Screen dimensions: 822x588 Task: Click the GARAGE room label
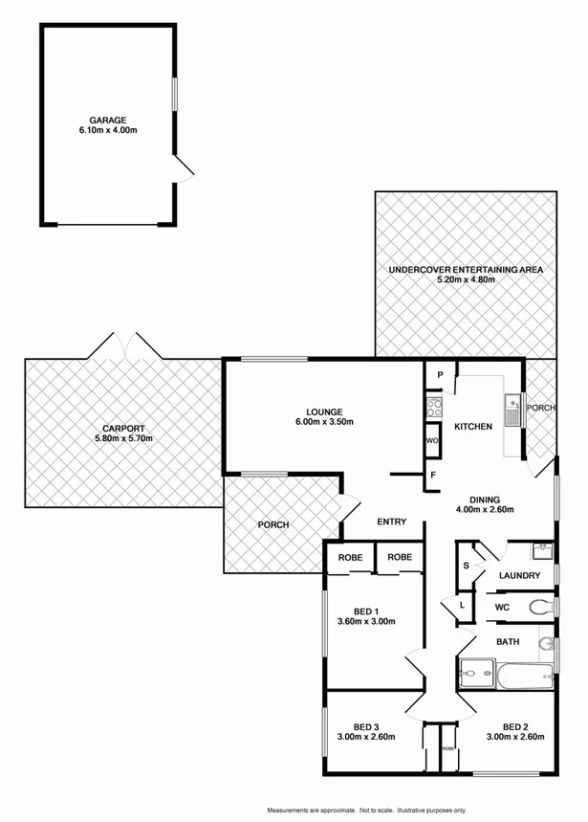click(108, 121)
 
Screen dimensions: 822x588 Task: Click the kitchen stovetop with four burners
click(433, 405)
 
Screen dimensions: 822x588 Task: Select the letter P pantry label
click(439, 375)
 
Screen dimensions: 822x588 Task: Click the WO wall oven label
click(433, 441)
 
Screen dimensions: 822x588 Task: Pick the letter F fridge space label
click(433, 475)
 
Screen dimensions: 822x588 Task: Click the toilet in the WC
click(540, 607)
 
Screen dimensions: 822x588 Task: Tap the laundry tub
click(540, 550)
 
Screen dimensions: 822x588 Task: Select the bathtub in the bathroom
click(523, 678)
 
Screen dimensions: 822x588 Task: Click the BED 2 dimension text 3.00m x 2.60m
click(515, 737)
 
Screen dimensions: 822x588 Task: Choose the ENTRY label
click(392, 522)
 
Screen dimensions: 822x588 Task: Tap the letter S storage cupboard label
click(467, 565)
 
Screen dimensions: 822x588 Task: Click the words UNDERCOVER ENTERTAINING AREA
click(466, 271)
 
